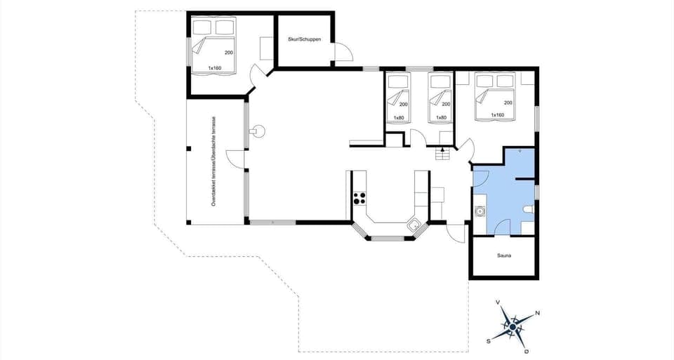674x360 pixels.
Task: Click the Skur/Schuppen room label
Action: (x=305, y=39)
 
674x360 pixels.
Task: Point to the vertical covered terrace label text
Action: (x=213, y=162)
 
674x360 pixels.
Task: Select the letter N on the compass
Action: (x=538, y=313)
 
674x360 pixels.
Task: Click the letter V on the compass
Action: (x=498, y=302)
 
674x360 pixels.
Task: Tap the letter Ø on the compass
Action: (x=527, y=351)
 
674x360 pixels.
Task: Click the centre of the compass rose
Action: (x=513, y=327)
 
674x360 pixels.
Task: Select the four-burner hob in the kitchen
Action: (x=359, y=198)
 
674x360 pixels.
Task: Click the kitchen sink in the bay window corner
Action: (x=415, y=225)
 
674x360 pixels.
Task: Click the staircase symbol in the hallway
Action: (x=442, y=154)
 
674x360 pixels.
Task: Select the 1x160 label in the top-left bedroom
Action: (x=214, y=68)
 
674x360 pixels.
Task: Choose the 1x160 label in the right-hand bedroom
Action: (x=498, y=114)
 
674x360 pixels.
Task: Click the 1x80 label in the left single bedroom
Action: (x=399, y=117)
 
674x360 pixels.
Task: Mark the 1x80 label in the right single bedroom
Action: (x=441, y=117)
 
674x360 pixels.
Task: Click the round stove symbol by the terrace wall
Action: (x=258, y=130)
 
